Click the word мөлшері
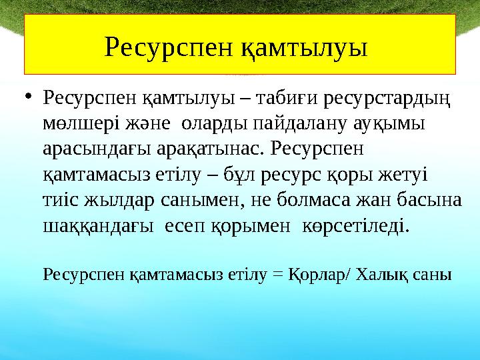[74, 125]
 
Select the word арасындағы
[86, 151]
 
